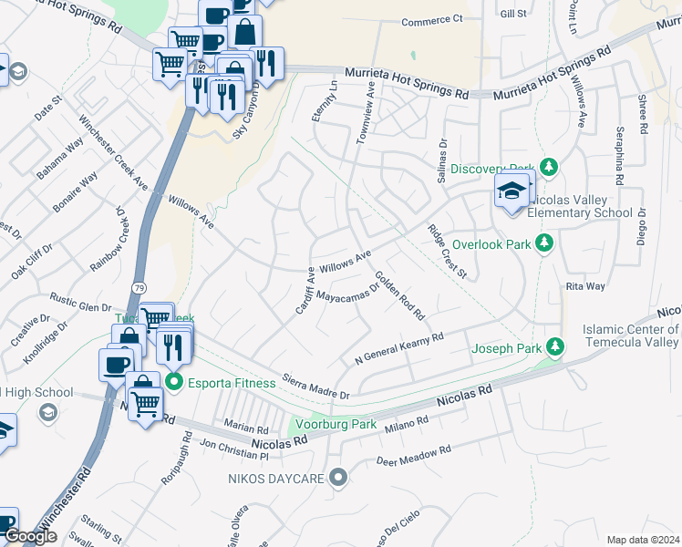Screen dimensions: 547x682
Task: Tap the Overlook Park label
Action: point(491,243)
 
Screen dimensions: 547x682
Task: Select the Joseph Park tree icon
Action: point(554,347)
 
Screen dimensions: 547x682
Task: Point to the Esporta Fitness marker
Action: point(174,383)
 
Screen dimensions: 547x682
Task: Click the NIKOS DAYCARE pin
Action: point(339,477)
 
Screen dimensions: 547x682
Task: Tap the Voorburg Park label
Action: point(338,424)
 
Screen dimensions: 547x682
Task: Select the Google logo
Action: point(31,536)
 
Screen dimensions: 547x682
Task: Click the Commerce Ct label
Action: point(432,20)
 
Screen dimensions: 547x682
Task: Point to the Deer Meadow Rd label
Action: point(414,452)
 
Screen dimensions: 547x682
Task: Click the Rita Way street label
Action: point(585,286)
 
